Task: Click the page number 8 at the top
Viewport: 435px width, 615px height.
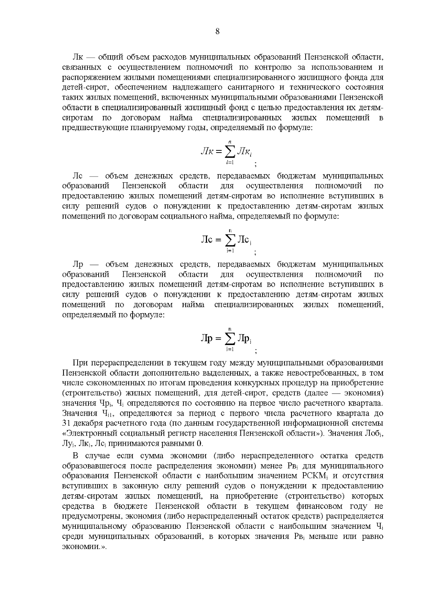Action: coord(217,32)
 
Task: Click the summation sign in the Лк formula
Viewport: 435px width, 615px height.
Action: coord(230,151)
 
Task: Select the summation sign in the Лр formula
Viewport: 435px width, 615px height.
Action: coord(230,339)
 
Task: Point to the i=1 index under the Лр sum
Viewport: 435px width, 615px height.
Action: coord(230,349)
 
